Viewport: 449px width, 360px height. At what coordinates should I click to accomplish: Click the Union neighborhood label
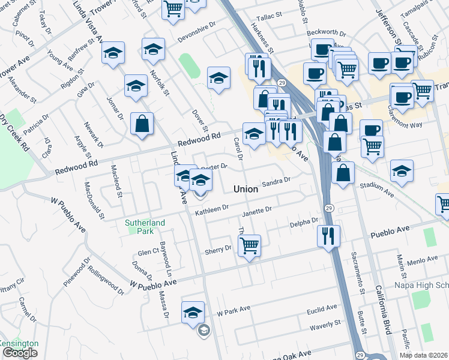click(x=246, y=189)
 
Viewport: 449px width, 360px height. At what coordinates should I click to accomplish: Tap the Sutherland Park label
click(x=145, y=227)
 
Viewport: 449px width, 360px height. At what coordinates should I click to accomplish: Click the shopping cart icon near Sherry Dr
click(x=249, y=244)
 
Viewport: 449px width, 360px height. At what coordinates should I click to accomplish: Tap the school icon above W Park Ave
click(x=193, y=312)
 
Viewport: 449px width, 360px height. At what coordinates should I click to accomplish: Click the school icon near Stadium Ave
click(x=402, y=171)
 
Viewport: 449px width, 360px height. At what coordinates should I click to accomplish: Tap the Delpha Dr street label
click(x=304, y=222)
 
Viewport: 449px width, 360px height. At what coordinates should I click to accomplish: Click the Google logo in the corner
click(x=19, y=353)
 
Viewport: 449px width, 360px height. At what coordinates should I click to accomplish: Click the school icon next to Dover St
click(x=219, y=77)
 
